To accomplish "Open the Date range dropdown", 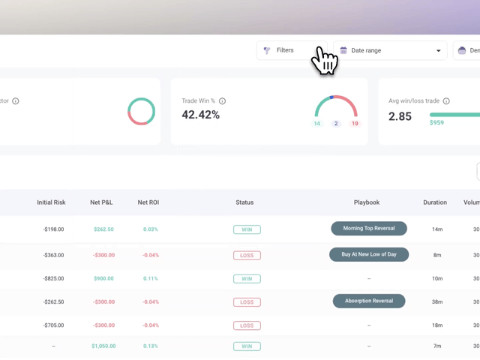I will (x=390, y=50).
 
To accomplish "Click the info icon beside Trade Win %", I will (x=222, y=101).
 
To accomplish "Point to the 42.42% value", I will (x=200, y=115).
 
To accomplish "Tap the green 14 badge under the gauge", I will (x=317, y=124).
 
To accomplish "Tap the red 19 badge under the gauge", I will (x=355, y=124).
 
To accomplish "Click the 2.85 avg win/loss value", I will (x=400, y=116).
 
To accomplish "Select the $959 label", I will (x=436, y=123).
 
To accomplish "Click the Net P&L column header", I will (x=101, y=202).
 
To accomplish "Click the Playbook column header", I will (x=367, y=202).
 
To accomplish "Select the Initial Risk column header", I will (x=51, y=202).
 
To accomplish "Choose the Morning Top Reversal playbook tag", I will (x=369, y=228).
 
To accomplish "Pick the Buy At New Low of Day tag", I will (x=369, y=254).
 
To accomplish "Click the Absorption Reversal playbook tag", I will (x=369, y=301).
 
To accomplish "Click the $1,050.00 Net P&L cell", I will (x=103, y=346).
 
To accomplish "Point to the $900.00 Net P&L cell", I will (x=103, y=278).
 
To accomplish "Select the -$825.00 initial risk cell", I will (x=53, y=278).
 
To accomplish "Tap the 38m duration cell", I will (x=437, y=301).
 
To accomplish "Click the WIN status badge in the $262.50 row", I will (x=247, y=229).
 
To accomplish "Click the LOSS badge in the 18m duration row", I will (x=247, y=325).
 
